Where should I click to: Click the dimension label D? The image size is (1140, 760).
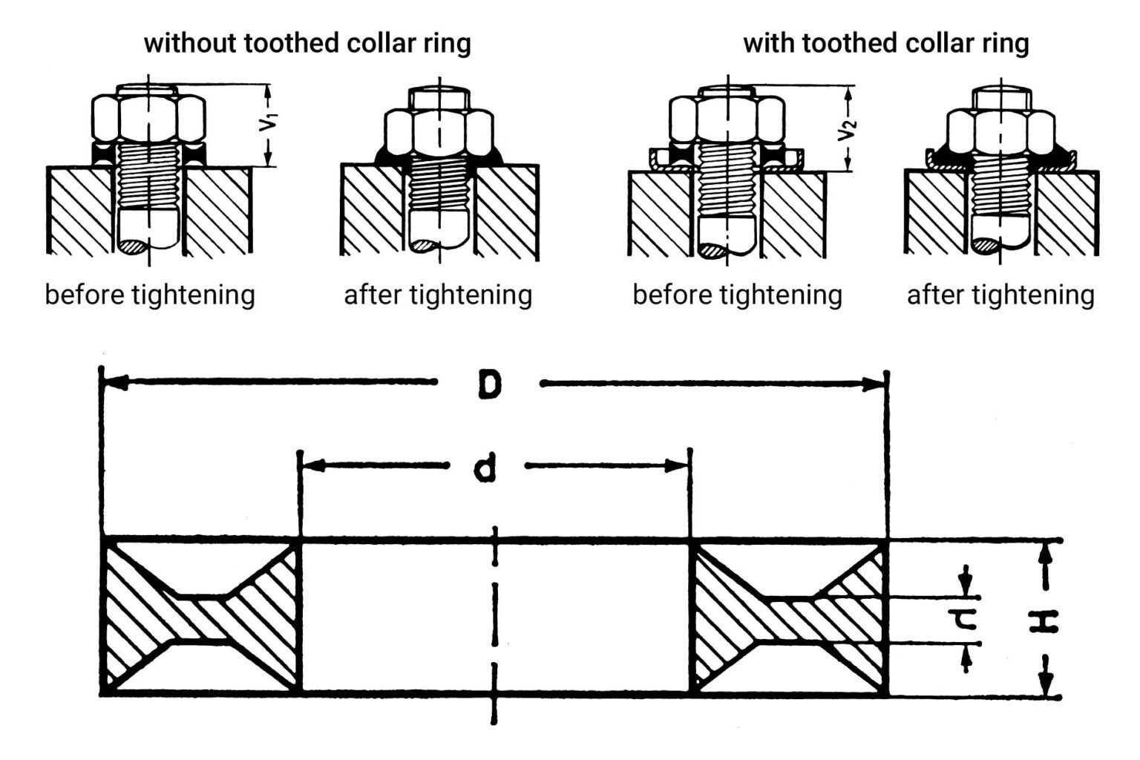489,384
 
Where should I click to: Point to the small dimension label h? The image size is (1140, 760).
966,620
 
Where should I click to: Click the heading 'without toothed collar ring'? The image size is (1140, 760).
307,43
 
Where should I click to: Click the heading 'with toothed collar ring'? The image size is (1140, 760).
885,43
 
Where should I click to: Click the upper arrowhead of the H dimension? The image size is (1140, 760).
1046,554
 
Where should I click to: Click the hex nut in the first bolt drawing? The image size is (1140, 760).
148,117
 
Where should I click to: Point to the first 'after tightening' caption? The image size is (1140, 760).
438,295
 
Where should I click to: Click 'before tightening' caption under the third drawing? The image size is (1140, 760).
737,295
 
